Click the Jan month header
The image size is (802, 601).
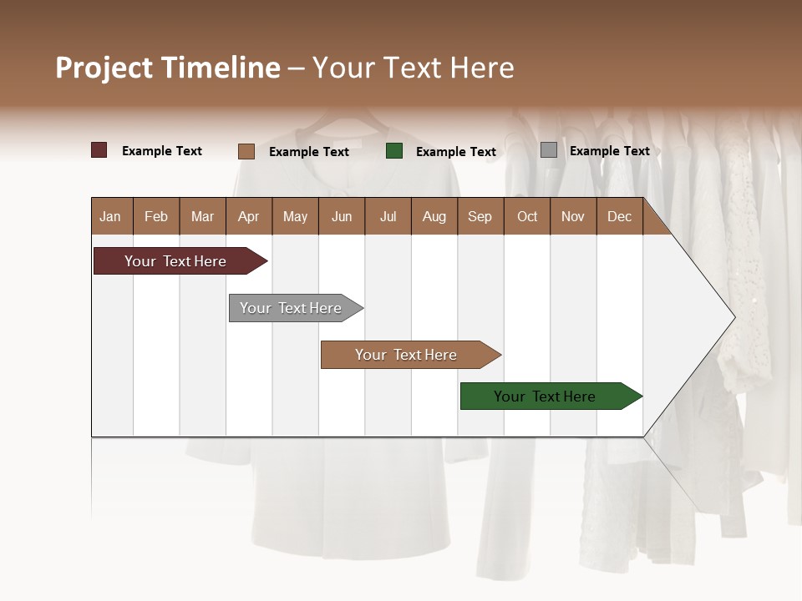click(110, 216)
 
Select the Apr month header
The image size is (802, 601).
click(248, 216)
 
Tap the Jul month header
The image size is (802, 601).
click(388, 216)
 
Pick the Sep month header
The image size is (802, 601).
click(480, 216)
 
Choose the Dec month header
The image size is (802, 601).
click(619, 216)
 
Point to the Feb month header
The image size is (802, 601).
click(156, 216)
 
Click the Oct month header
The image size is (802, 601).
click(527, 216)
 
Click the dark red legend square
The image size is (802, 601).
click(99, 150)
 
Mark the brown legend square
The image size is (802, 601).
click(246, 151)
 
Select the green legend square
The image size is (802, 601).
click(394, 151)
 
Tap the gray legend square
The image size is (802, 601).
click(549, 150)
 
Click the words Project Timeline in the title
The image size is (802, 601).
click(168, 68)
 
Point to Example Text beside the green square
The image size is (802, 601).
click(455, 152)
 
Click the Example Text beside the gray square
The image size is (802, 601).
click(609, 151)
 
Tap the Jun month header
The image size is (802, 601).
click(342, 216)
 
